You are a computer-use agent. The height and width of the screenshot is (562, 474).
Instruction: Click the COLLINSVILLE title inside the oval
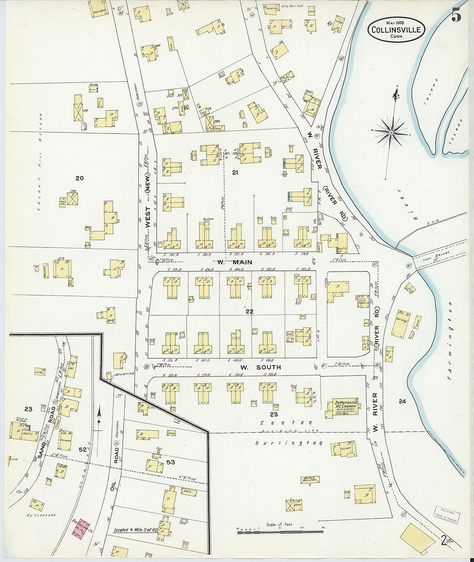tap(396, 30)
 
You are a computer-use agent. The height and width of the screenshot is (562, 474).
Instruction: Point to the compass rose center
tap(390, 132)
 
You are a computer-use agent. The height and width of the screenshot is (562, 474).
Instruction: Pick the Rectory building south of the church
tap(343, 448)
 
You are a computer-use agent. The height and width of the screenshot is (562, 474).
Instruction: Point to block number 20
tap(79, 178)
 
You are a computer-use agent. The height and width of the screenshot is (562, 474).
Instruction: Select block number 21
tap(235, 173)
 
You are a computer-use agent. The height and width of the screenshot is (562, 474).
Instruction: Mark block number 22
tap(249, 311)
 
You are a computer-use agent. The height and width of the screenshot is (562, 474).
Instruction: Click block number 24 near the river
tap(402, 401)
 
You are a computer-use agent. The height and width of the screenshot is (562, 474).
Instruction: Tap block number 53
tap(171, 462)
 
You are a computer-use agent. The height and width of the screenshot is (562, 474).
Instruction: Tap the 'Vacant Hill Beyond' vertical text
tap(40, 161)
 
